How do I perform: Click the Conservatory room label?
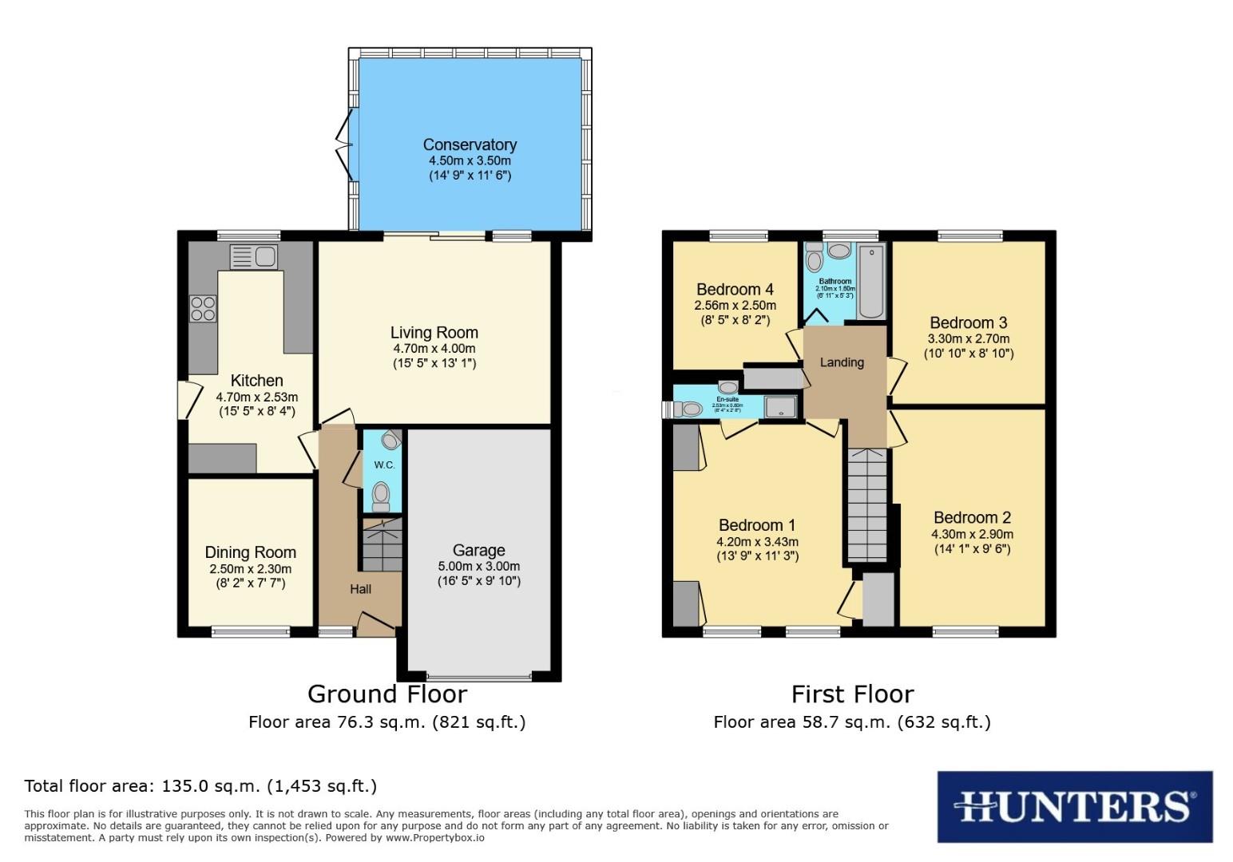(470, 144)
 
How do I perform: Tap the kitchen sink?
(252, 257)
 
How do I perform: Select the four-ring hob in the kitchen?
(203, 308)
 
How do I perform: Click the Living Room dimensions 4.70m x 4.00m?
(434, 349)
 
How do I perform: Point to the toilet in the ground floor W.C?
(381, 495)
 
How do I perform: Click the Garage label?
(478, 550)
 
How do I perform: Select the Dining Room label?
(250, 552)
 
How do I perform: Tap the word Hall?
(360, 589)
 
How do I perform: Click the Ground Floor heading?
(387, 694)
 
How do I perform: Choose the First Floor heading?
(852, 694)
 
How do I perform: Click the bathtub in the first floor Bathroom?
(871, 281)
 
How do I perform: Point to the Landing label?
(842, 362)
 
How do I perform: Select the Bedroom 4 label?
(735, 289)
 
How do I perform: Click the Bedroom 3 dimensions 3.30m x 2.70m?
(969, 338)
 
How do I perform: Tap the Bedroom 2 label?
(972, 517)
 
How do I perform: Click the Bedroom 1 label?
(756, 524)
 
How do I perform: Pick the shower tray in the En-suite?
(780, 407)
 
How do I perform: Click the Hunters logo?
(1074, 806)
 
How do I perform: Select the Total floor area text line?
(200, 785)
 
